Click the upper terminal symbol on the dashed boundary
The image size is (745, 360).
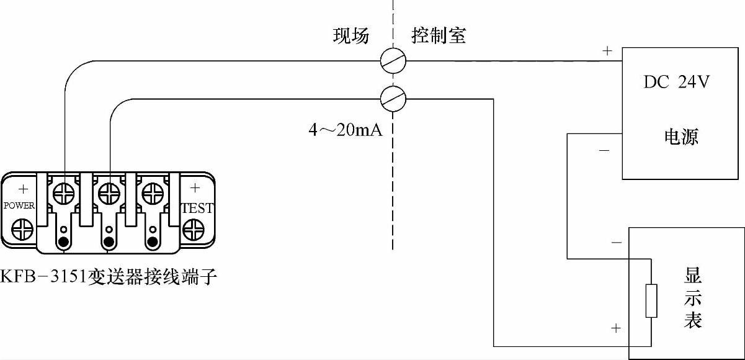coord(393,60)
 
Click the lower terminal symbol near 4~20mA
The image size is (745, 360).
coord(393,97)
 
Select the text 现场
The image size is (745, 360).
coord(351,36)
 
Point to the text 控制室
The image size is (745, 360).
coord(438,36)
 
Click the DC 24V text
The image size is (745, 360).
coord(676,83)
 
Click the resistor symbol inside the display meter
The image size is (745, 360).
coord(651,301)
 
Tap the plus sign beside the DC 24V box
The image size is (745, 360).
coord(607,52)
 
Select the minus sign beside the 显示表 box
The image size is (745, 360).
coord(615,243)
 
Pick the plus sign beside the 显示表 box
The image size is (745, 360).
coord(615,327)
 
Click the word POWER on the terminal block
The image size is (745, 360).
coord(19,205)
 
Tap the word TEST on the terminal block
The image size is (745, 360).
coord(198,209)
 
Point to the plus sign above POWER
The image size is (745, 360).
coord(23,188)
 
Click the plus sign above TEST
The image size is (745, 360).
coord(195,187)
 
